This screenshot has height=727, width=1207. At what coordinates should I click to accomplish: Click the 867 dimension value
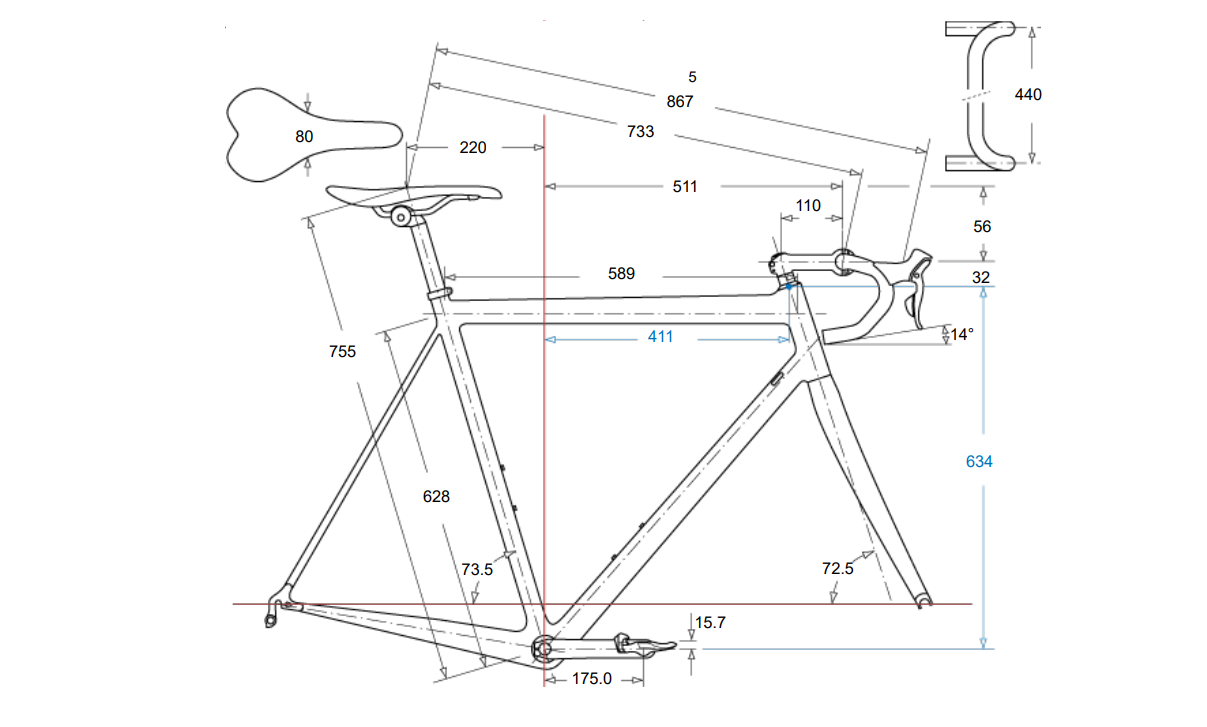coord(679,101)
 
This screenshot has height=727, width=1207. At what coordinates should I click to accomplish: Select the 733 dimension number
coord(640,131)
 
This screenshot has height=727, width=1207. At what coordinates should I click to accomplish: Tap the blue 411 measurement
coord(660,338)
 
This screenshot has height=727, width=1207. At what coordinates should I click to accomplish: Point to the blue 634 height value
coord(979,462)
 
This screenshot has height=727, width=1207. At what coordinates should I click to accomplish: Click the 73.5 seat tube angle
coord(477,569)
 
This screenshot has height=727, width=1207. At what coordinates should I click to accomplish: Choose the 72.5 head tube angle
coord(837,568)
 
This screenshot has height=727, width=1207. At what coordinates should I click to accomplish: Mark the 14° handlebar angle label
coord(961,335)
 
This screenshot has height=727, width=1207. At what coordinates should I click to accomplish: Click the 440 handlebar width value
coord(1028,95)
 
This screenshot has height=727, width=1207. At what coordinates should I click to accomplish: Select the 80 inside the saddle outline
coord(304,136)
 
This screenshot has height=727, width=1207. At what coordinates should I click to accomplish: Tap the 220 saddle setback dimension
coord(472,147)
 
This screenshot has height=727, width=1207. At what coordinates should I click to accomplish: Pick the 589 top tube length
coord(621,273)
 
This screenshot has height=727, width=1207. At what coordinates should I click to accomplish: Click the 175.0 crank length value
coord(591,679)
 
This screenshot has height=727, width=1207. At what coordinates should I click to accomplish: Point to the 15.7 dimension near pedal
coord(710,623)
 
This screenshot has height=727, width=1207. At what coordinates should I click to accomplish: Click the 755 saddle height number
coord(342,352)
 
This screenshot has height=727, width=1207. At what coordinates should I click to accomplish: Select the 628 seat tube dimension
coord(436,497)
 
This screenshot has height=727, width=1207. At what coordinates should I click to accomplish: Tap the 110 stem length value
coord(808,206)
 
